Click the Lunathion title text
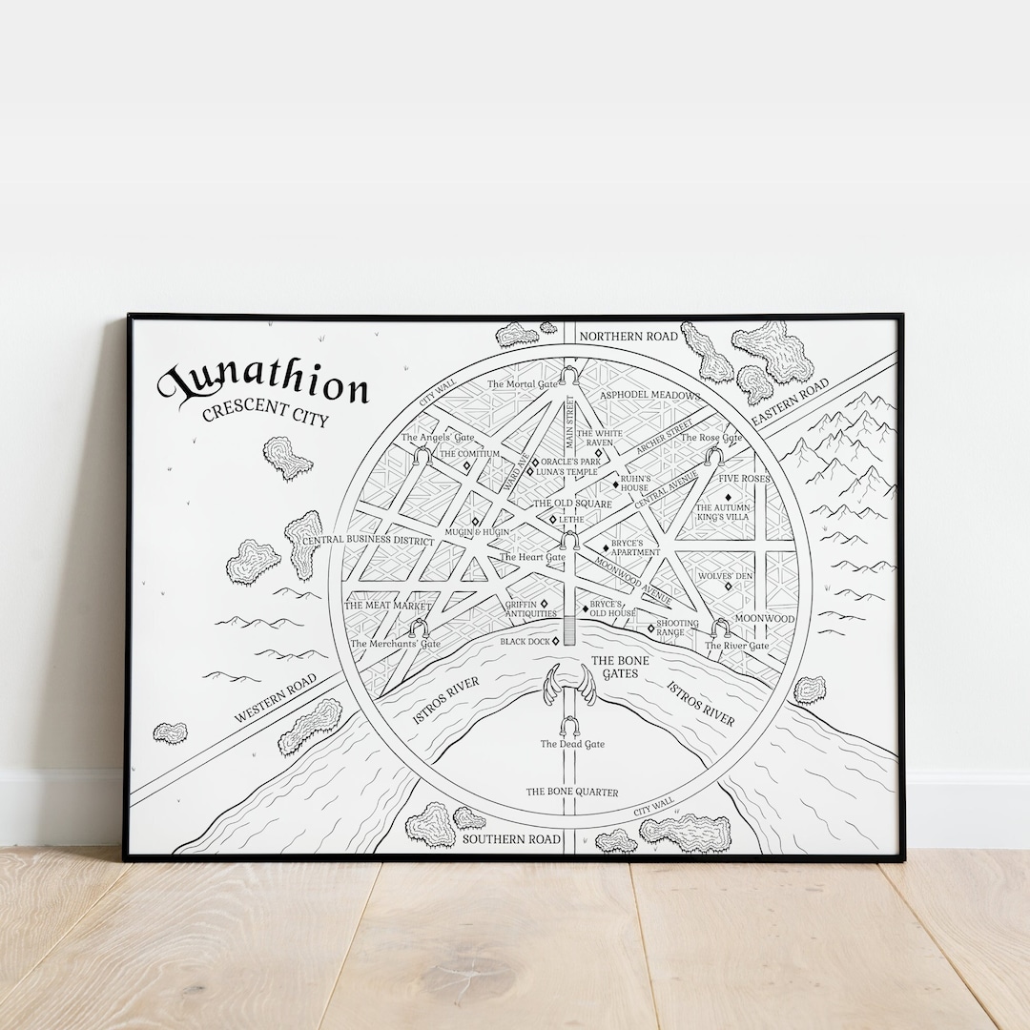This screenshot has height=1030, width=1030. click(x=264, y=384)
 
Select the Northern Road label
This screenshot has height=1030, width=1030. click(x=628, y=336)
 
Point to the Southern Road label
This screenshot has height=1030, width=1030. click(x=511, y=839)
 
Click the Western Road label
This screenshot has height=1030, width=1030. click(x=276, y=699)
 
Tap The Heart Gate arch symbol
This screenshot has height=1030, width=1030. click(x=569, y=541)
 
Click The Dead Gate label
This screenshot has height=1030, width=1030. click(x=572, y=744)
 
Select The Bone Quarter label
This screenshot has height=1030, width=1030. click(x=572, y=792)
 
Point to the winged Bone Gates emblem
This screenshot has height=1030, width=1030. click(x=570, y=687)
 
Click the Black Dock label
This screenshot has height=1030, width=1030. click(x=525, y=642)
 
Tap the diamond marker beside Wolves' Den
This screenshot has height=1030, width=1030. click(x=729, y=586)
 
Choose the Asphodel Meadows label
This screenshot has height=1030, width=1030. click(x=649, y=395)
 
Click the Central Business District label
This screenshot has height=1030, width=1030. click(x=368, y=541)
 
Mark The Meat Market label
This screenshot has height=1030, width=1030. click(x=387, y=606)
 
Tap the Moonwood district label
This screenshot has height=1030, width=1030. click(x=764, y=619)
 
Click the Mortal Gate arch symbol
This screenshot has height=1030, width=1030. click(x=569, y=373)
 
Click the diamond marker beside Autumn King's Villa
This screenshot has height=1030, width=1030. click(x=728, y=498)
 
